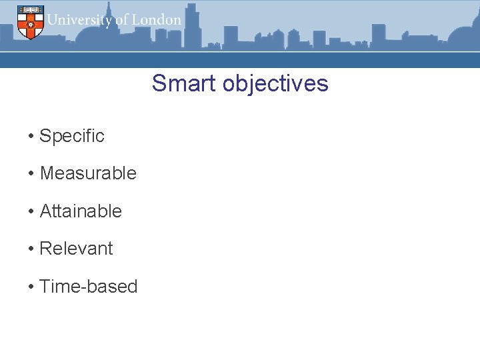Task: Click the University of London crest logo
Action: pyautogui.click(x=30, y=22)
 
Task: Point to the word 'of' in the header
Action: pyautogui.click(x=122, y=20)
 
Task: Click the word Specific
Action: pyautogui.click(x=72, y=136)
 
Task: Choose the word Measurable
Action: pyautogui.click(x=88, y=173)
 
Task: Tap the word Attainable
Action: pyautogui.click(x=81, y=211)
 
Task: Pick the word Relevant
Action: pyautogui.click(x=76, y=249)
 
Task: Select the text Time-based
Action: pyautogui.click(x=88, y=287)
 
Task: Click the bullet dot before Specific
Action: pyautogui.click(x=31, y=137)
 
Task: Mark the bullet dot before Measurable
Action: pyautogui.click(x=31, y=174)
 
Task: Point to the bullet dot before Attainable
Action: pyautogui.click(x=31, y=212)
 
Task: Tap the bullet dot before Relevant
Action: pyautogui.click(x=31, y=249)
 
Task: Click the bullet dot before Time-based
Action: pyautogui.click(x=31, y=287)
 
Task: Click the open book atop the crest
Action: pyautogui.click(x=30, y=10)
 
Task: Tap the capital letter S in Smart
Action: pyautogui.click(x=159, y=83)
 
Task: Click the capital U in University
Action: pyautogui.click(x=53, y=20)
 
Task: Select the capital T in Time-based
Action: pyautogui.click(x=45, y=287)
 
